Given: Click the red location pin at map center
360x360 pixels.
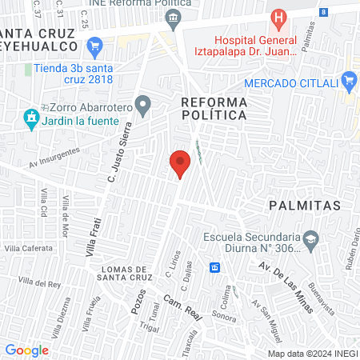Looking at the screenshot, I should (x=180, y=163).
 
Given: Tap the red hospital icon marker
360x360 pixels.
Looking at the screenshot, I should (x=278, y=18).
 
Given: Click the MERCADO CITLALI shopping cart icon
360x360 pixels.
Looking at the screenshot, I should (x=348, y=80).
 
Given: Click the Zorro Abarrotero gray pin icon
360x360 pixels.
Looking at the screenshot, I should (x=143, y=103).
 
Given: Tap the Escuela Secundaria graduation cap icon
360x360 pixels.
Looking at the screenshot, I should (x=313, y=238).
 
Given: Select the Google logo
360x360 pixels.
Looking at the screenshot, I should (x=27, y=350).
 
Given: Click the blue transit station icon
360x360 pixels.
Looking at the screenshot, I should (x=214, y=266).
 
